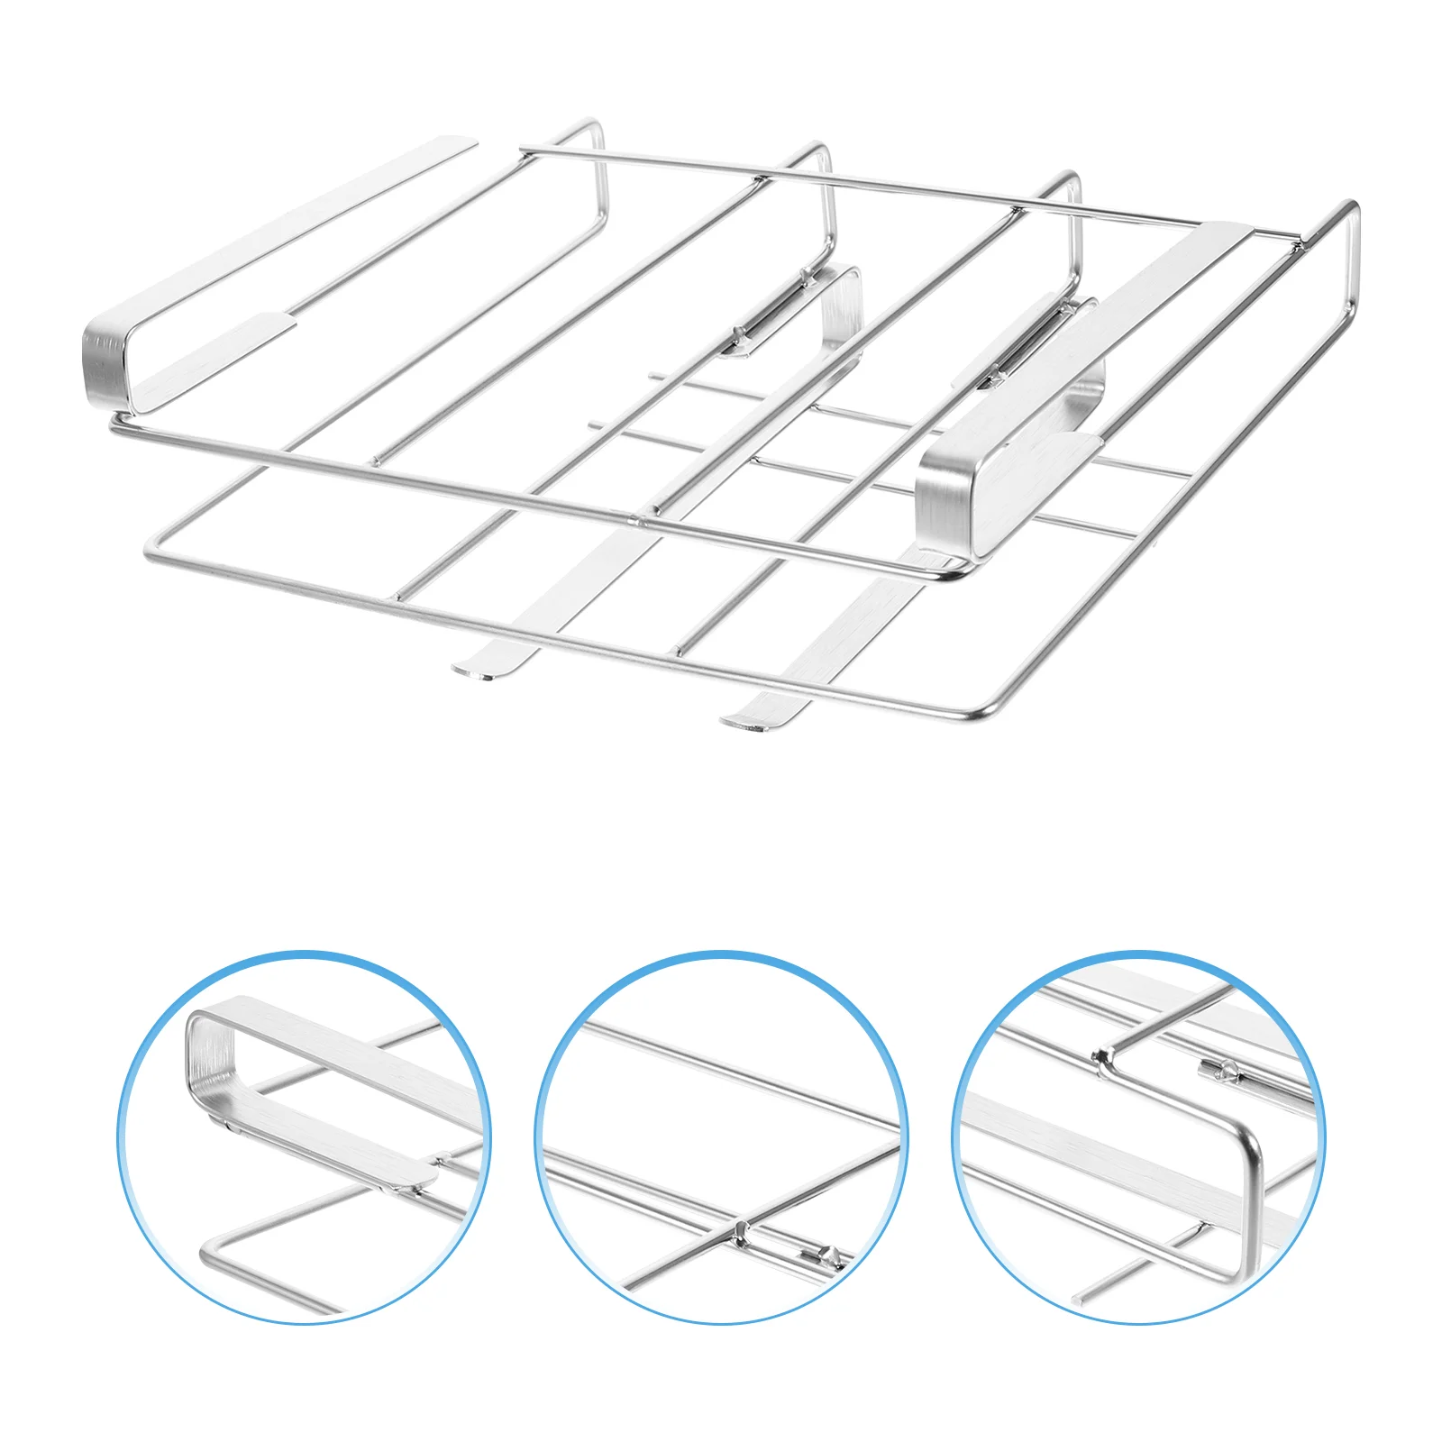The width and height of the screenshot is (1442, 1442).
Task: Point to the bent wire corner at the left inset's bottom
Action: click(209, 1249)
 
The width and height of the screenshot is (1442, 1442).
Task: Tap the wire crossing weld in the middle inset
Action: click(739, 1228)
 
